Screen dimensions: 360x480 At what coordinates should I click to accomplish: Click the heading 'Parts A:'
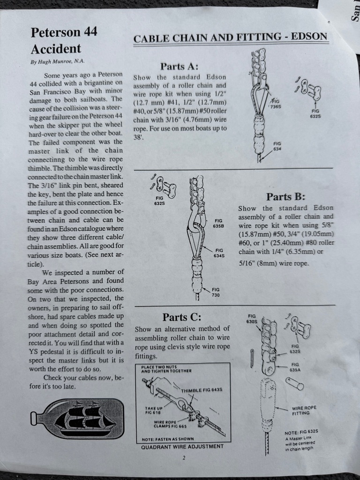(x=180, y=67)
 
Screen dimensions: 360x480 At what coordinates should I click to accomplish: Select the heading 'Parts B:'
(x=285, y=196)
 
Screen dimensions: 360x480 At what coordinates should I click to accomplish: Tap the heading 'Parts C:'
(x=182, y=317)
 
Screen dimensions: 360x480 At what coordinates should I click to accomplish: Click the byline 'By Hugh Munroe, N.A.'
(x=57, y=61)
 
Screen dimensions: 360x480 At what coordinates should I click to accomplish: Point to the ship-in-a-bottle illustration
(x=77, y=419)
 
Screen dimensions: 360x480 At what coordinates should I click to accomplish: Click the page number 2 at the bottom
(x=184, y=458)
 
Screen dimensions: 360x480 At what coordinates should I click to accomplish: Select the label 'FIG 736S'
(x=276, y=104)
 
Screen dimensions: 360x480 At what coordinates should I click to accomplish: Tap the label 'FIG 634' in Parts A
(x=277, y=146)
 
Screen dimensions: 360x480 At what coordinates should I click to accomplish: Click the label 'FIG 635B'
(x=218, y=223)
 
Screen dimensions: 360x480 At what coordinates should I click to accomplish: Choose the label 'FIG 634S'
(x=219, y=253)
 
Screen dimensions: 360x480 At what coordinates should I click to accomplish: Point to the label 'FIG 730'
(x=216, y=292)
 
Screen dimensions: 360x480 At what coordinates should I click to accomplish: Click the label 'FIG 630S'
(x=252, y=318)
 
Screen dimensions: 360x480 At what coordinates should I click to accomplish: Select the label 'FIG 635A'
(x=295, y=367)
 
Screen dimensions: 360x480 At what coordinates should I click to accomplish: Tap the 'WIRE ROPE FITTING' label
(x=304, y=411)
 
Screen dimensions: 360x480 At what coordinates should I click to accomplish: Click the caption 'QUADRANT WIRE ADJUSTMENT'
(x=182, y=447)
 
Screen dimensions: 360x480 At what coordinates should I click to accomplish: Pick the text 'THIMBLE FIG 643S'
(x=202, y=390)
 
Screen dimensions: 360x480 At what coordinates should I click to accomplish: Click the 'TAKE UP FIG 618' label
(x=154, y=410)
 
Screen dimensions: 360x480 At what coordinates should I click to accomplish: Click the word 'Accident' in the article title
(x=56, y=49)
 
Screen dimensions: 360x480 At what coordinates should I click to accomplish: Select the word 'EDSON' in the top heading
(x=309, y=37)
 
